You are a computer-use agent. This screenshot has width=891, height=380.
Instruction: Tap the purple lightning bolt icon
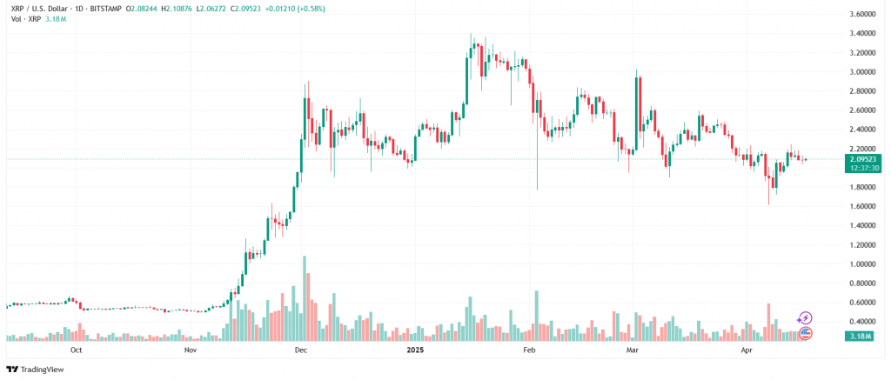805,318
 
